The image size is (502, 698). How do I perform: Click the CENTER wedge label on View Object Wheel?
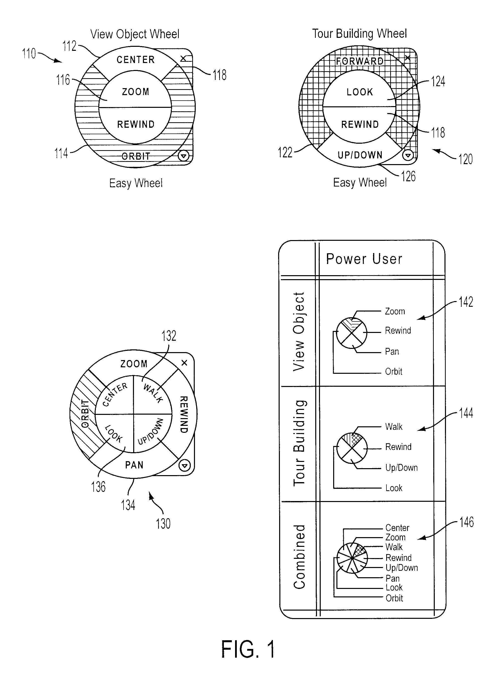click(135, 60)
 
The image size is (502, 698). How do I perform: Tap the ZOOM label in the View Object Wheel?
click(135, 92)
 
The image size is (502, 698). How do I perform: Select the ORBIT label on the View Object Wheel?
click(135, 156)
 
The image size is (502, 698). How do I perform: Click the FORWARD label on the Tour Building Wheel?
click(360, 61)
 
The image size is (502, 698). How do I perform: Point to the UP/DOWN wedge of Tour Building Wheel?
click(360, 155)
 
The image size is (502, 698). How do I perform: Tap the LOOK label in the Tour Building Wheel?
click(360, 92)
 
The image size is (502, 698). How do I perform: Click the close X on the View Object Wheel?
click(183, 58)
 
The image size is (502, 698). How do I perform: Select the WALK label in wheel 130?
click(153, 393)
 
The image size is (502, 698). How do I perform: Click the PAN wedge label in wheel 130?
click(134, 465)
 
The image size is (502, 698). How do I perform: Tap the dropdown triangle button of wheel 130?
click(184, 466)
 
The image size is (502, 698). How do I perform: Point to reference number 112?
click(69, 46)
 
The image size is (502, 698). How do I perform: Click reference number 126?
click(408, 176)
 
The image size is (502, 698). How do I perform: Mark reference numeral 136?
click(98, 487)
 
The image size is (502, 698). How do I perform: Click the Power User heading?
click(364, 259)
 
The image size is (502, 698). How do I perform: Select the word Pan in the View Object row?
click(392, 351)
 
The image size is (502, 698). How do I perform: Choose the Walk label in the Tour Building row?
click(394, 427)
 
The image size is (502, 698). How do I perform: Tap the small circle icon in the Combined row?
click(352, 558)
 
